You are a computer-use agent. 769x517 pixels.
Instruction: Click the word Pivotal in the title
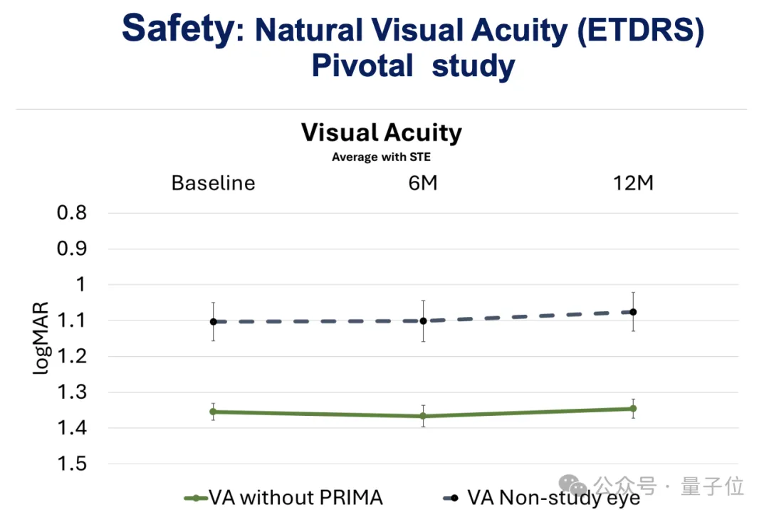click(362, 66)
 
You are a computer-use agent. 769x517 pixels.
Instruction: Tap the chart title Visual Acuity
click(381, 132)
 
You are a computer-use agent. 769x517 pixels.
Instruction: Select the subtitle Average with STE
click(381, 157)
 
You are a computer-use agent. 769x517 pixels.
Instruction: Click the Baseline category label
click(213, 183)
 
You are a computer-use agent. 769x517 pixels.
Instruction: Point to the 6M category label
click(422, 183)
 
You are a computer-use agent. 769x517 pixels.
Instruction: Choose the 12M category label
click(633, 183)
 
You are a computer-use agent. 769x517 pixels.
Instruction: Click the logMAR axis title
click(41, 339)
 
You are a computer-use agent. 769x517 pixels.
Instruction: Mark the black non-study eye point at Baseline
click(213, 322)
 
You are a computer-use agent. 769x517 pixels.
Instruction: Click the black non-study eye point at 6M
click(423, 321)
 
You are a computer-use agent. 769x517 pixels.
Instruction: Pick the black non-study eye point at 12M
click(633, 312)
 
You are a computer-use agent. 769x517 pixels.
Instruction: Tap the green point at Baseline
click(213, 412)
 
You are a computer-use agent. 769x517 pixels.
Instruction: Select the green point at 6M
click(423, 416)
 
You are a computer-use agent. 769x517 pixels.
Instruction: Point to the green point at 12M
click(633, 409)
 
